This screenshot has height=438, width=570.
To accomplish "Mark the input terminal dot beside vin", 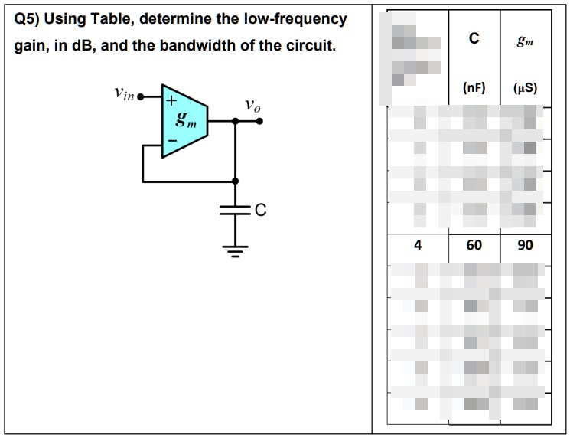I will (x=141, y=99).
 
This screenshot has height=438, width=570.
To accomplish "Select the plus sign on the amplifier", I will (x=172, y=100).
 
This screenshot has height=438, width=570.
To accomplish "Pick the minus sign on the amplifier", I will (x=172, y=141).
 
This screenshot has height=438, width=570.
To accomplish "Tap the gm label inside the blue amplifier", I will (x=185, y=120).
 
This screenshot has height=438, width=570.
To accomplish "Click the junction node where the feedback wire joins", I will (x=235, y=181).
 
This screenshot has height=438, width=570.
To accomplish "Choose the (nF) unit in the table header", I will (x=474, y=87).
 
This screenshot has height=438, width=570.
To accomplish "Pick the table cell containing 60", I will (x=474, y=245).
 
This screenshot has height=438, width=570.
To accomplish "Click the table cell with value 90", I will (x=525, y=245).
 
